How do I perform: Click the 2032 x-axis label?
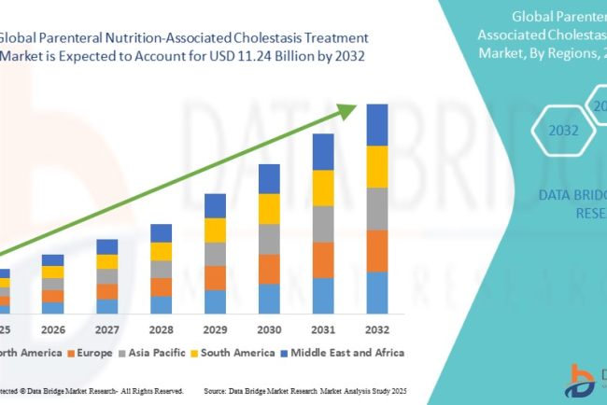tap(376, 329)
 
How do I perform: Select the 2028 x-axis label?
tap(161, 329)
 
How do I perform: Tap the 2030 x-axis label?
tap(269, 329)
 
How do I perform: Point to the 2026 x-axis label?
tap(52, 329)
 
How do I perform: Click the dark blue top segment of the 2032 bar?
tap(376, 125)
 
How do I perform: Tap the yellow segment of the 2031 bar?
tap(322, 188)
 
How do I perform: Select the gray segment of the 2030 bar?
tap(269, 239)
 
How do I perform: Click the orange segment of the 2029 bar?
tap(215, 278)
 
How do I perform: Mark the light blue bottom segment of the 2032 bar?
tap(376, 292)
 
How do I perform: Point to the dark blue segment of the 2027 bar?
tap(107, 246)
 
